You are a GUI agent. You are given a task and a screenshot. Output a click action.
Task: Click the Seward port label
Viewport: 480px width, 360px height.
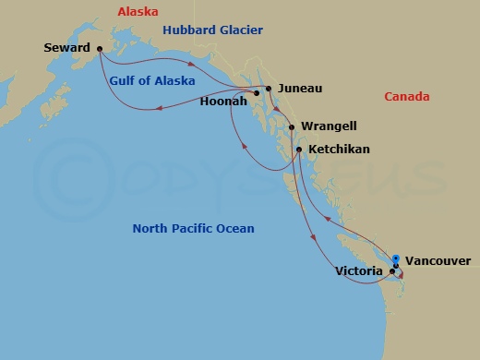click(66, 47)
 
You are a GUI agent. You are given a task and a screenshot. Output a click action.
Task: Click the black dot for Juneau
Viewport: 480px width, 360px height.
click(269, 89)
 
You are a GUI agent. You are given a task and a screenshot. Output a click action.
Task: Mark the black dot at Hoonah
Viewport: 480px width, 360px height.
click(258, 93)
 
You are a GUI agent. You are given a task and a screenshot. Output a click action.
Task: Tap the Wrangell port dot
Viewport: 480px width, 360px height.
click(292, 127)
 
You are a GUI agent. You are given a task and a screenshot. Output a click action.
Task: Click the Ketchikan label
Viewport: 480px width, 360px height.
click(339, 149)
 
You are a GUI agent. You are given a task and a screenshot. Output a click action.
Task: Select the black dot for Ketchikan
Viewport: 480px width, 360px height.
click(298, 149)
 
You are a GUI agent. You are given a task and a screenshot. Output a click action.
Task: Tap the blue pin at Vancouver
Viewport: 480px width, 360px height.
click(395, 259)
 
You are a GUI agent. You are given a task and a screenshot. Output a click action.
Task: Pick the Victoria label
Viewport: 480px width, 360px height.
click(360, 271)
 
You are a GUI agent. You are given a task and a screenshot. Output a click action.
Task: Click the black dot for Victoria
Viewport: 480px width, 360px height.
click(392, 271)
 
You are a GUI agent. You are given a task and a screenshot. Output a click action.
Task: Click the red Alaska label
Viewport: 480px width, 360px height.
click(138, 12)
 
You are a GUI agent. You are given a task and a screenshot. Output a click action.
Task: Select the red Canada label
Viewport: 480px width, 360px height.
click(407, 96)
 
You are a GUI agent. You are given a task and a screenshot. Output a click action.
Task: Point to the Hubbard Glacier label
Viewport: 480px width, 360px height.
click(213, 30)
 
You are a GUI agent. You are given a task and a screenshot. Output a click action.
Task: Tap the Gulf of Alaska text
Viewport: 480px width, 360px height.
click(152, 80)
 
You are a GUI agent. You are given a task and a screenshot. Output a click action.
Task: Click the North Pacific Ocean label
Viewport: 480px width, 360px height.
click(193, 228)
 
